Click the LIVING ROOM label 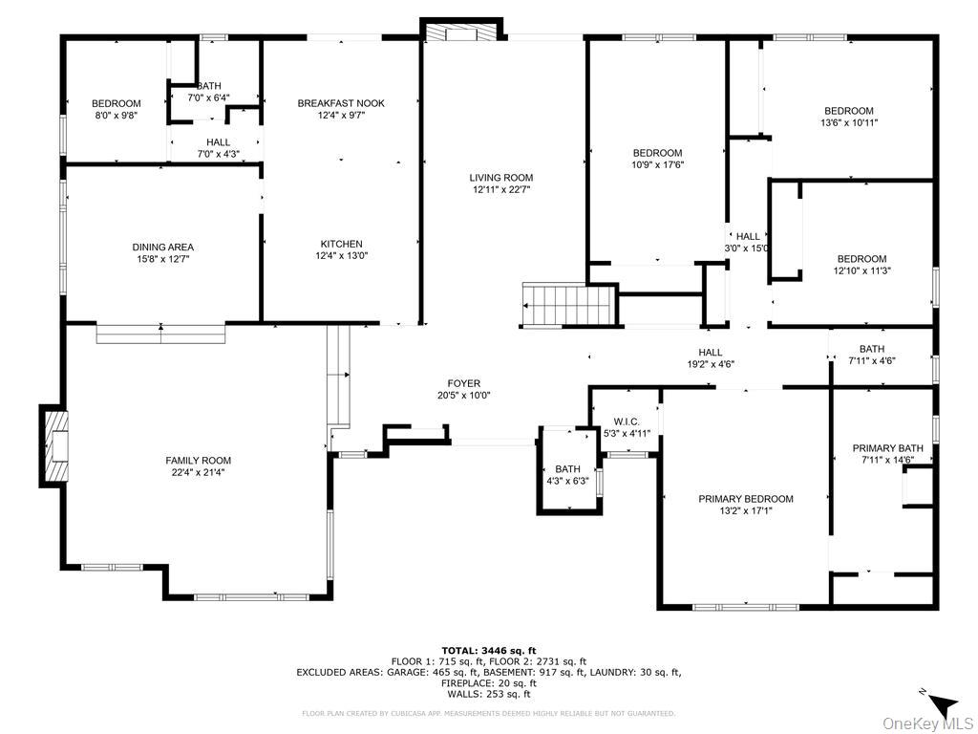pyautogui.click(x=500, y=178)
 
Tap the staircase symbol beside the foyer pyautogui.click(x=566, y=305)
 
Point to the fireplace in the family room pyautogui.click(x=55, y=446)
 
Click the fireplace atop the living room pyautogui.click(x=462, y=32)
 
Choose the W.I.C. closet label pyautogui.click(x=626, y=421)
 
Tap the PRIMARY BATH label pyautogui.click(x=887, y=448)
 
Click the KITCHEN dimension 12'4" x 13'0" pyautogui.click(x=341, y=255)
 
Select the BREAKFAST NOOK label pyautogui.click(x=341, y=103)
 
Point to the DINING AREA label pyautogui.click(x=162, y=248)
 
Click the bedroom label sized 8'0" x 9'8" pyautogui.click(x=116, y=104)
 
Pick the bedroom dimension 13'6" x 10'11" pyautogui.click(x=848, y=122)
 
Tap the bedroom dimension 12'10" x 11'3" pyautogui.click(x=861, y=270)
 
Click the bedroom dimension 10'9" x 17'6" pyautogui.click(x=657, y=164)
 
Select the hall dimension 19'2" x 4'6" pyautogui.click(x=710, y=363)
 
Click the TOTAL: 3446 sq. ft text pyautogui.click(x=488, y=650)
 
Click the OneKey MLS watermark pyautogui.click(x=925, y=723)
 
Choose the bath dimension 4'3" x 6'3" pyautogui.click(x=567, y=481)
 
